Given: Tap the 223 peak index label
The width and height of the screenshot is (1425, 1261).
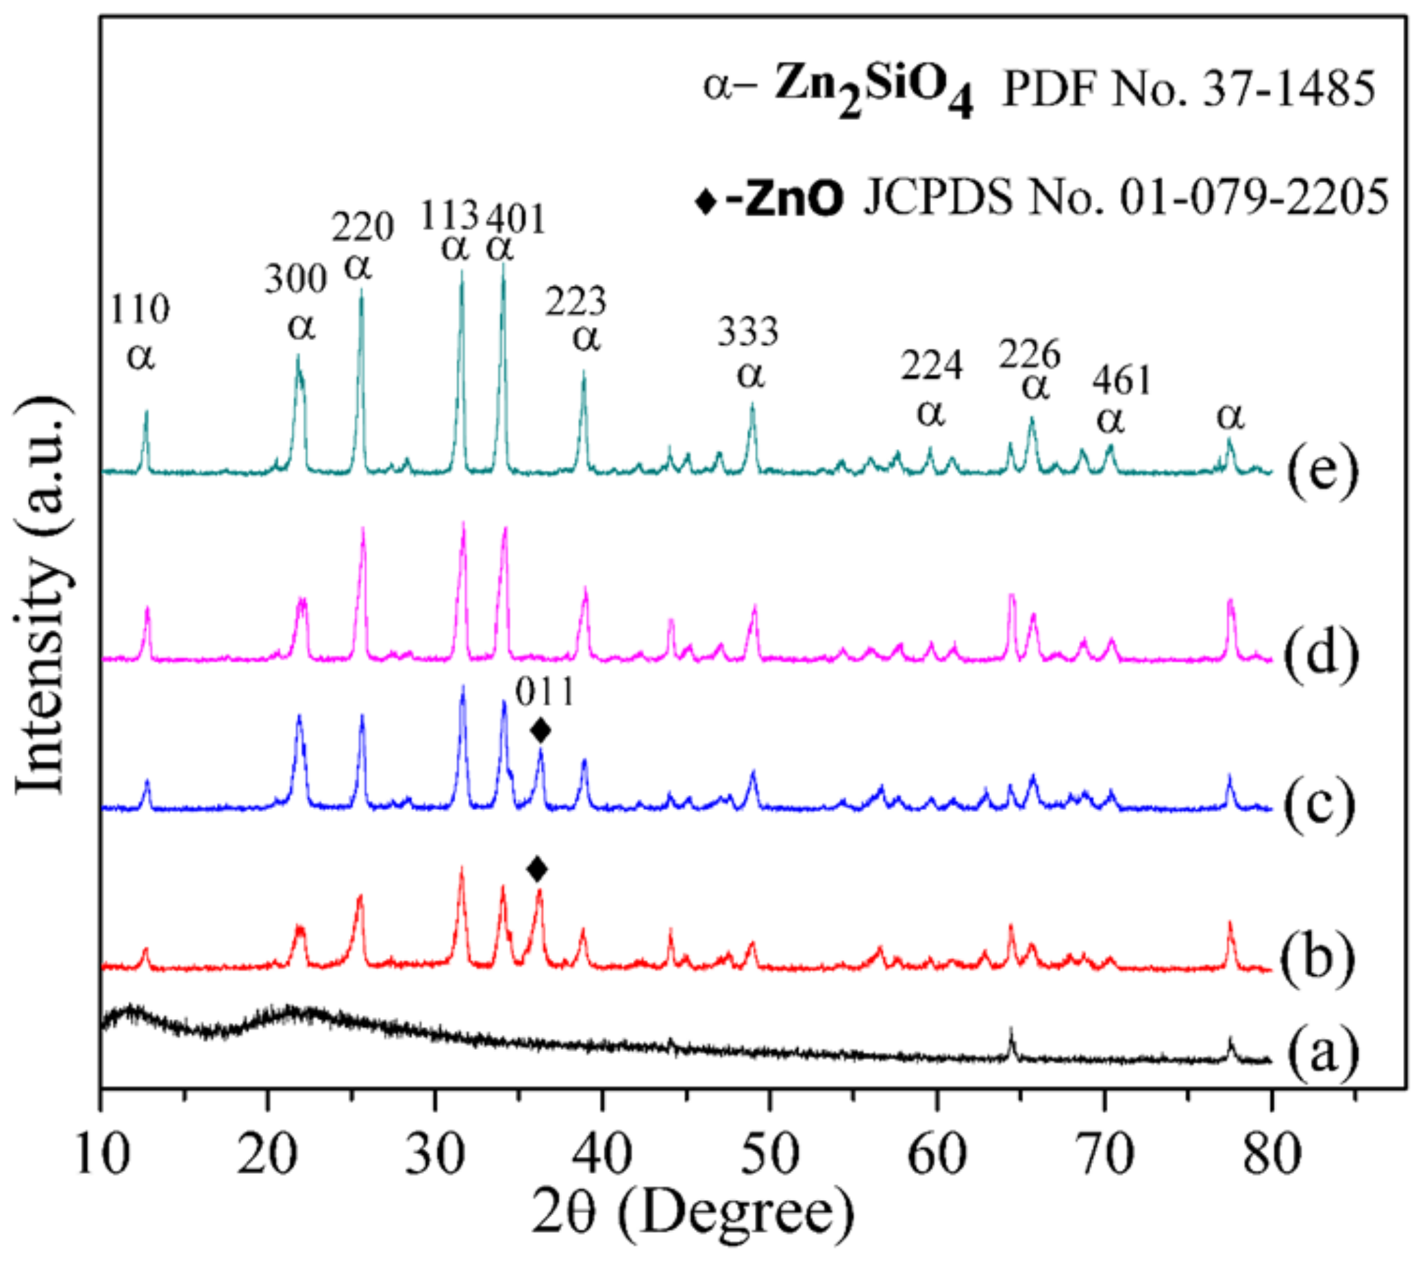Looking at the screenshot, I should (x=576, y=302).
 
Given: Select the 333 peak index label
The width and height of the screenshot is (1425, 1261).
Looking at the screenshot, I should (x=747, y=332).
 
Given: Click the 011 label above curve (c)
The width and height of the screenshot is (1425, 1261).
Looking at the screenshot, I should (x=545, y=693).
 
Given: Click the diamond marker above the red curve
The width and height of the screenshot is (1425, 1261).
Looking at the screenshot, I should (x=538, y=869).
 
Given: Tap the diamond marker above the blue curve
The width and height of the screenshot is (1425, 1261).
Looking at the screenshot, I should (x=541, y=731).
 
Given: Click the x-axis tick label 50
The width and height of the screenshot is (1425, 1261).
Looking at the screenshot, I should (x=769, y=1154).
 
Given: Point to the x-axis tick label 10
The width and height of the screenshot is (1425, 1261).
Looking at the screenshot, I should (x=103, y=1154).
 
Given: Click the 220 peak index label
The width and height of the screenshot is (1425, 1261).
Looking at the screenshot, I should (x=362, y=228).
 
